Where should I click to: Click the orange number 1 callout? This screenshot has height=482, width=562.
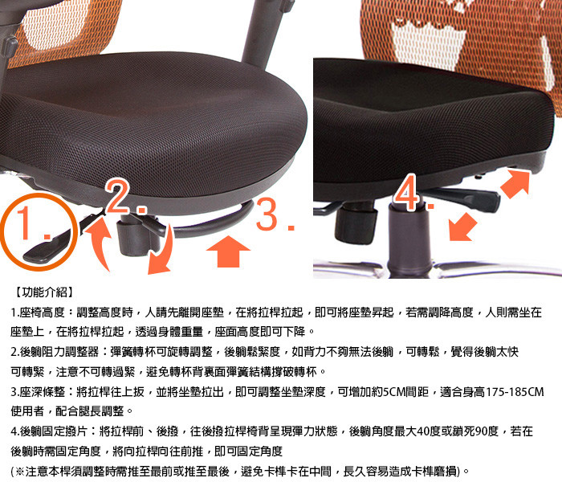point(33,223)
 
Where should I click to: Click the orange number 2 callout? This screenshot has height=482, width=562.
point(126,197)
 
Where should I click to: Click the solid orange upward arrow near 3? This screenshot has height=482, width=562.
point(228,251)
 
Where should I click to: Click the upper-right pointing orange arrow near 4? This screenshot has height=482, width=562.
point(515,184)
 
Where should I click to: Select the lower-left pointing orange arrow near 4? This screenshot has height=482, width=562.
point(462,227)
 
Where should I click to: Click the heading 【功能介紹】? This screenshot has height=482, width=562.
point(44,292)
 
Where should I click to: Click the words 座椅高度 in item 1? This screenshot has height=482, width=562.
point(42,312)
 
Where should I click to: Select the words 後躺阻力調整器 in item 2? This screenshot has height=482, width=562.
point(59,352)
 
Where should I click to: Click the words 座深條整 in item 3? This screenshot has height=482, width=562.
point(42,392)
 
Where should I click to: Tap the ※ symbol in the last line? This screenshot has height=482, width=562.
point(20,471)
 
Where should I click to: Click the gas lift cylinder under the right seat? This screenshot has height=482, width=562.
point(409,239)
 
